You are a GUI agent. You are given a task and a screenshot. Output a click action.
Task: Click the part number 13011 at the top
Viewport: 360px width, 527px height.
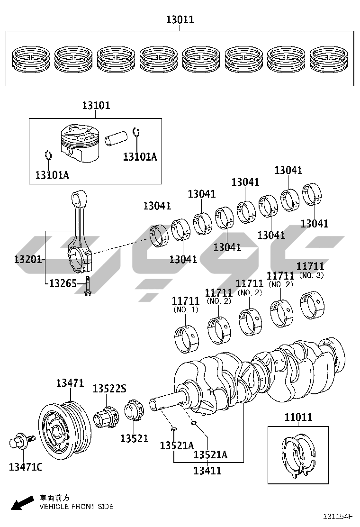(180, 20)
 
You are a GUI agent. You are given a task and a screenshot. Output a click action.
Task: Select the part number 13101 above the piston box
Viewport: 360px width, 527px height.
(96, 105)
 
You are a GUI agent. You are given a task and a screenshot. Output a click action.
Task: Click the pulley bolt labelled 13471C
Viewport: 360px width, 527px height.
(20, 443)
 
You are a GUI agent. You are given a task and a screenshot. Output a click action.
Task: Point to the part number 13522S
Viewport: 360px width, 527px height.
(109, 389)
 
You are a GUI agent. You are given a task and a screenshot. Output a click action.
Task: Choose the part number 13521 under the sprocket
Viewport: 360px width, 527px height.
(134, 439)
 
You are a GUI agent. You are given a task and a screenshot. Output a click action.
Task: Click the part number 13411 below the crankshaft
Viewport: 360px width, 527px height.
(207, 471)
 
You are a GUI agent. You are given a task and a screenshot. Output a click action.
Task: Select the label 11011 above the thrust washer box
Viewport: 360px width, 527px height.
(298, 418)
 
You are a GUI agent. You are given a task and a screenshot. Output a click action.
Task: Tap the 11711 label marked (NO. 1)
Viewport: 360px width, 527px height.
(185, 300)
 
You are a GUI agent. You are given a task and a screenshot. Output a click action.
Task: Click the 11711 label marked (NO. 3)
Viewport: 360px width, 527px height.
(310, 267)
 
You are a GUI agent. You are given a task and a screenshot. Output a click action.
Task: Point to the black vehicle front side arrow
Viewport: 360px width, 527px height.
(21, 503)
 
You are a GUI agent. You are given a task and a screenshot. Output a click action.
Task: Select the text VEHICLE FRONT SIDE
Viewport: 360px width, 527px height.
(76, 507)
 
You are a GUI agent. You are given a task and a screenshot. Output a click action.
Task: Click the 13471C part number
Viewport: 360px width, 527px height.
(26, 467)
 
